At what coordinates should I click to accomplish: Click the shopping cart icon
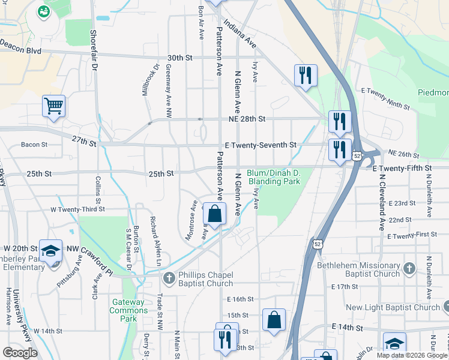pyautogui.click(x=53, y=106)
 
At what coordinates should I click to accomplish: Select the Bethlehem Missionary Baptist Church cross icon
pyautogui.click(x=409, y=268)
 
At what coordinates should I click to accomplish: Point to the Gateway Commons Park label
pyautogui.click(x=128, y=310)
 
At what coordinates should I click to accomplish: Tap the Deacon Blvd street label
pyautogui.click(x=20, y=47)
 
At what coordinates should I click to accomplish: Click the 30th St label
pyautogui.click(x=179, y=58)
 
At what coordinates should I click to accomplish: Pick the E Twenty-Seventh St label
pyautogui.click(x=261, y=145)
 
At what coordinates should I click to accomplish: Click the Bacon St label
pyautogui.click(x=34, y=145)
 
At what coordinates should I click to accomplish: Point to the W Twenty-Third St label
pyautogui.click(x=77, y=209)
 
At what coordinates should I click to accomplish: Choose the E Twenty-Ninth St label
pyautogui.click(x=385, y=98)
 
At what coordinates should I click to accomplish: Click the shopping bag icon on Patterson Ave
pyautogui.click(x=214, y=213)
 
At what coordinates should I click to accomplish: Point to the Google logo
pyautogui.click(x=20, y=353)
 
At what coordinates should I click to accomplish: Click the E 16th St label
pyautogui.click(x=241, y=299)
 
